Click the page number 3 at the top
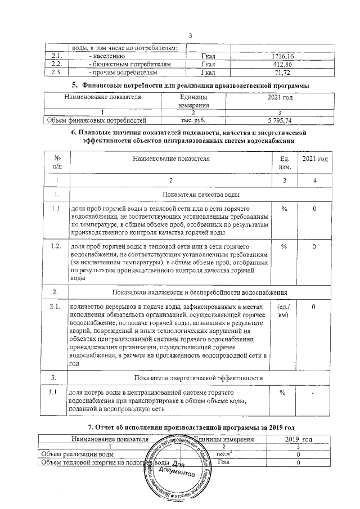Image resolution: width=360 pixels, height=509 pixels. point(191,37)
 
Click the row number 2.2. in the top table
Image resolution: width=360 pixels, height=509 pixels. point(56,65)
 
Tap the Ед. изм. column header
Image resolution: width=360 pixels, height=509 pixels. point(284,163)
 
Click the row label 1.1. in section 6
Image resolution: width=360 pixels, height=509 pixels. point(56,209)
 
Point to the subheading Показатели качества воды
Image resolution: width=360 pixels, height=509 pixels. point(201,195)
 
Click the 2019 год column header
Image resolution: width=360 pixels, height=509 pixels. point(299,438)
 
